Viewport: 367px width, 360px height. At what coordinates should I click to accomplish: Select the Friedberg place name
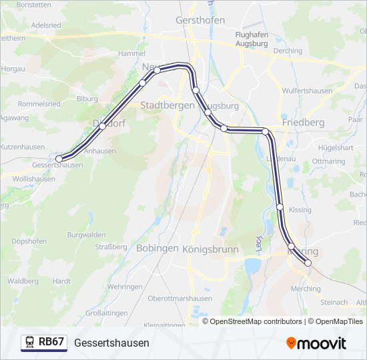click(x=303, y=123)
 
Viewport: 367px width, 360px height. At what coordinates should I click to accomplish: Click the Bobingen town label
click(x=157, y=248)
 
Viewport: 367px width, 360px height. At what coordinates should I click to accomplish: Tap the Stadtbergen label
click(x=167, y=105)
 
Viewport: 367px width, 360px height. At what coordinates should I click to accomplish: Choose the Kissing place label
click(x=300, y=209)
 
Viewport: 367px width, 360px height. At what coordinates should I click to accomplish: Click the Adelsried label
click(x=46, y=25)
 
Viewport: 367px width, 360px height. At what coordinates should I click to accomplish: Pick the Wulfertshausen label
click(x=308, y=90)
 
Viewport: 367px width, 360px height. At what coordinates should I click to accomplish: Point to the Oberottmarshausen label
click(x=179, y=299)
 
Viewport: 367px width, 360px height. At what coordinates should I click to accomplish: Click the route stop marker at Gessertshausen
click(x=59, y=159)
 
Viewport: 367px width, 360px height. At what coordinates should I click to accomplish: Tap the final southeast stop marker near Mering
click(x=308, y=263)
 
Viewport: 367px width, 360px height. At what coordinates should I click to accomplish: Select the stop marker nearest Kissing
click(x=280, y=207)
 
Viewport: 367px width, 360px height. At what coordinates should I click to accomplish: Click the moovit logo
click(x=316, y=343)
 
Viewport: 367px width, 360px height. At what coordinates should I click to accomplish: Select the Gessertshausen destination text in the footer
click(x=111, y=343)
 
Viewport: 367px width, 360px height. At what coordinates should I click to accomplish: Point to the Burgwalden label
click(x=86, y=235)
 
